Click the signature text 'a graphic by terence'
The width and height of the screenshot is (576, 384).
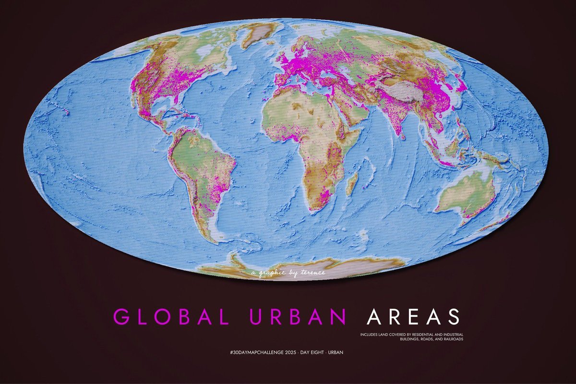[288, 273]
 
